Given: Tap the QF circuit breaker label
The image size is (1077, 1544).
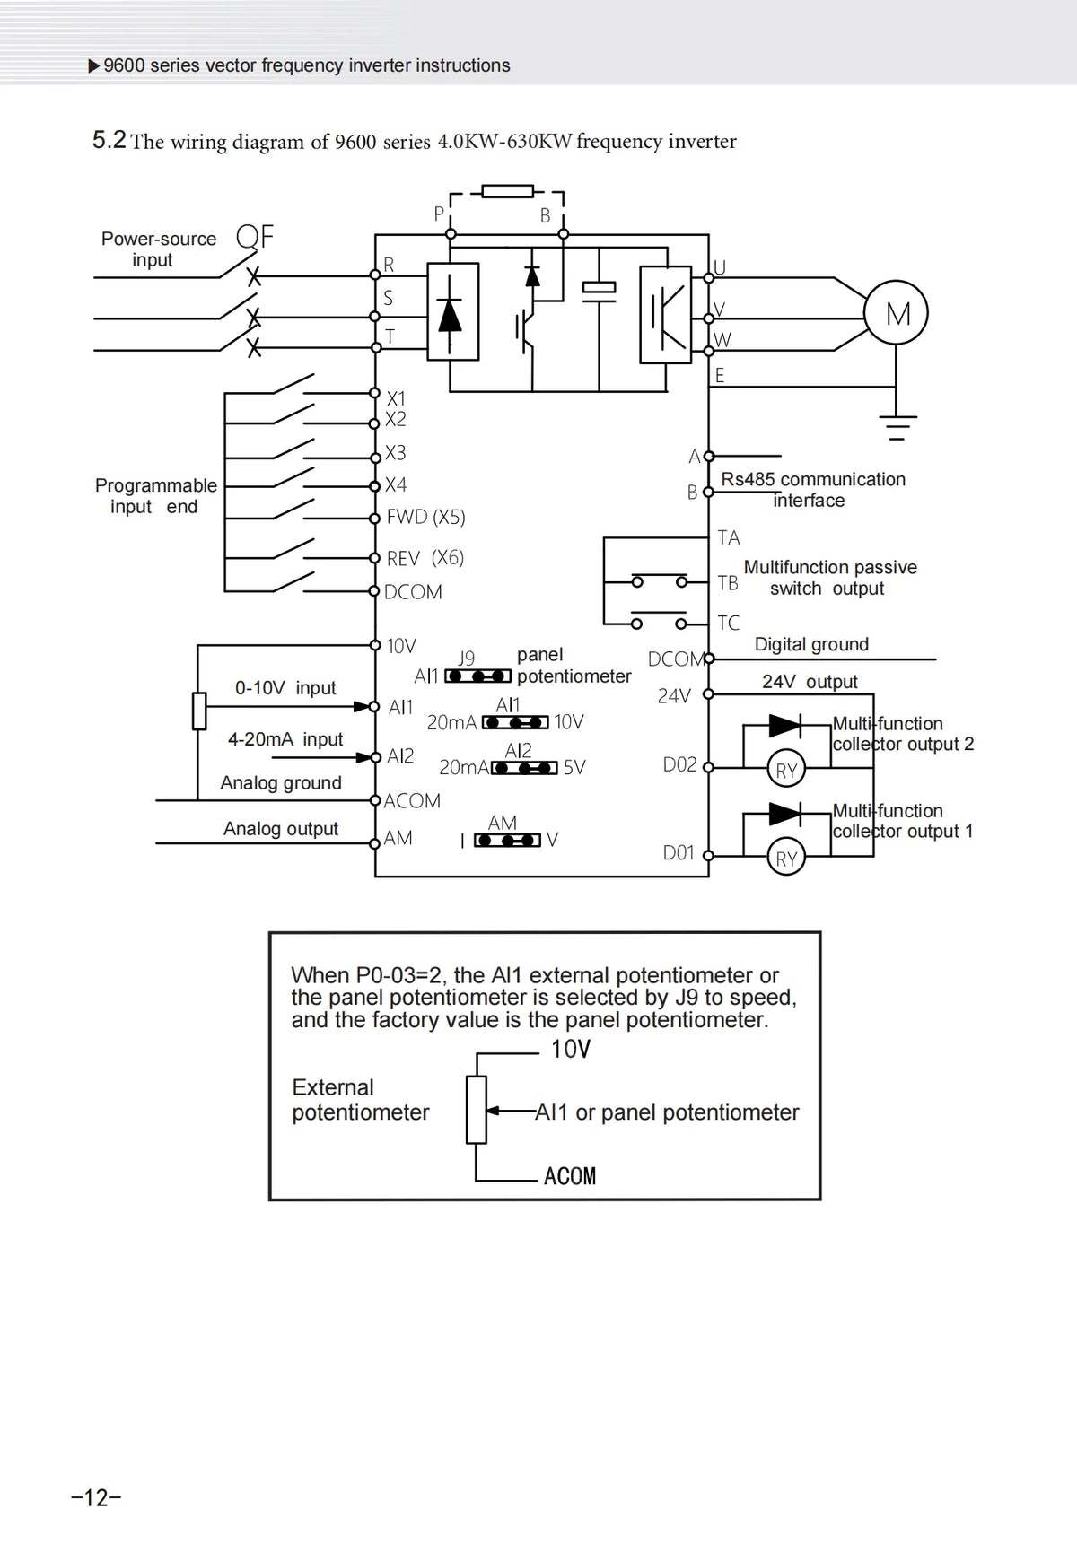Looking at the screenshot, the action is coord(255,237).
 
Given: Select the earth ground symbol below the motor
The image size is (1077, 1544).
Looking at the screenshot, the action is coord(896,428).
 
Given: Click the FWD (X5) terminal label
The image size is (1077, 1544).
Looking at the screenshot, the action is coord(425,517).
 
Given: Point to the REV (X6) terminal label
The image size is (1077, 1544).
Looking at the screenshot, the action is coord(425,558).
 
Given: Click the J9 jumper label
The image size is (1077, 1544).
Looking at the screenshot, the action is coord(467,659).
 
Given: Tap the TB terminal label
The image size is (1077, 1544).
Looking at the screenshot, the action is coord(728,583).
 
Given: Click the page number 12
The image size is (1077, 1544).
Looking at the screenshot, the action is coord(96,1497).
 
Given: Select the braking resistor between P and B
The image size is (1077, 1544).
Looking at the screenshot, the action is coord(507,190).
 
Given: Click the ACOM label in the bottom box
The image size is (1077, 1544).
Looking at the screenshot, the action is coord(570,1176).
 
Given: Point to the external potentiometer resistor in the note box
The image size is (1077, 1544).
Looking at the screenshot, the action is coord(476,1110).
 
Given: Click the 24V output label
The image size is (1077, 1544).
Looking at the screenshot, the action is coord(810,682).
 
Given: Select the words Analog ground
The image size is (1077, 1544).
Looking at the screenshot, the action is coord(281,783).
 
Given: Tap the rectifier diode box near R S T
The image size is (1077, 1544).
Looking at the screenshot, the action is coord(452,311).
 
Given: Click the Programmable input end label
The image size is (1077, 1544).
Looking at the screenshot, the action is coord(156,496).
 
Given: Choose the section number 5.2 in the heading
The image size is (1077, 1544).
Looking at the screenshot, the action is coord(109,140).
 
